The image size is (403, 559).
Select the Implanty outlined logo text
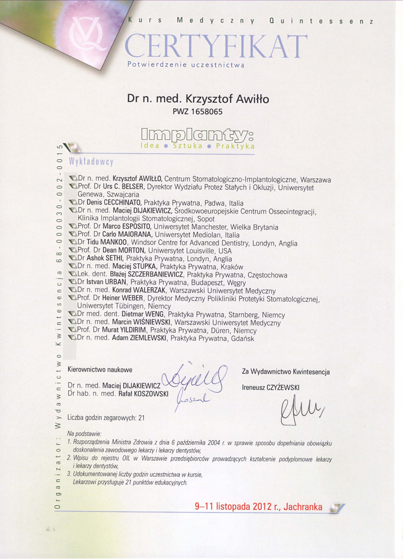tap(197, 136)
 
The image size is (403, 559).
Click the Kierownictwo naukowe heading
tap(100, 370)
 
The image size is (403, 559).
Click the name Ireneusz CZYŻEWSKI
tap(271, 387)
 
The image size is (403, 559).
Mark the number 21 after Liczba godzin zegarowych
tap(141, 417)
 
